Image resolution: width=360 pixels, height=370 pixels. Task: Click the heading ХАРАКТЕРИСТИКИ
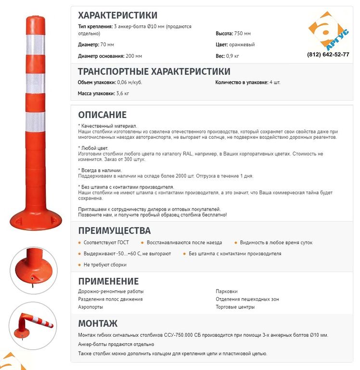pyautogui.click(x=117, y=15)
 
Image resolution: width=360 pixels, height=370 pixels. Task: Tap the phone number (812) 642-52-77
pyautogui.click(x=328, y=54)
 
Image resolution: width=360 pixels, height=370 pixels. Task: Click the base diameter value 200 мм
pyautogui.click(x=138, y=56)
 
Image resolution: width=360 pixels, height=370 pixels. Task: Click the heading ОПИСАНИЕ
pyautogui.click(x=103, y=115)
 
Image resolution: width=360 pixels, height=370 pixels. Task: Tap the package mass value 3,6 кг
pyautogui.click(x=122, y=93)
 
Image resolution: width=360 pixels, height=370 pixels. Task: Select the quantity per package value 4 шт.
pyautogui.click(x=275, y=82)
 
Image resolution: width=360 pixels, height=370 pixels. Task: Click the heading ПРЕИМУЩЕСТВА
pyautogui.click(x=114, y=230)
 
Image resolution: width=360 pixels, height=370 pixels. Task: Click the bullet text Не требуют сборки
pyautogui.click(x=105, y=265)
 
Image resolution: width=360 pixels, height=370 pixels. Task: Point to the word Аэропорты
pyautogui.click(x=90, y=307)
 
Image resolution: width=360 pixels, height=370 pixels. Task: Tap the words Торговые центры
pyautogui.click(x=235, y=307)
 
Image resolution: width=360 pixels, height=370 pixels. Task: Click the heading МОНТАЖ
pyautogui.click(x=98, y=323)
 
